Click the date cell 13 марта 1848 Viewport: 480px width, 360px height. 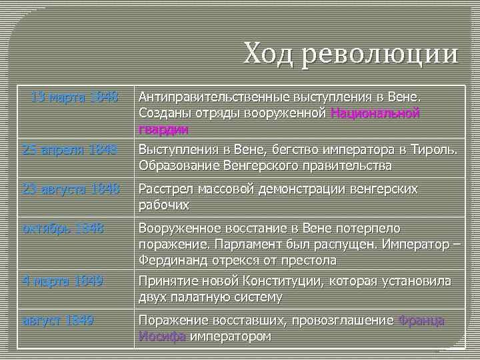tap(74, 98)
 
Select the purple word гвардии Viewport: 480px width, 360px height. tap(163, 129)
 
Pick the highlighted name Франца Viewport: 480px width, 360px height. tap(421, 321)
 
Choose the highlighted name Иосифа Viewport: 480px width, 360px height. tap(162, 336)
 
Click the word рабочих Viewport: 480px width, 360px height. tap(163, 205)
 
